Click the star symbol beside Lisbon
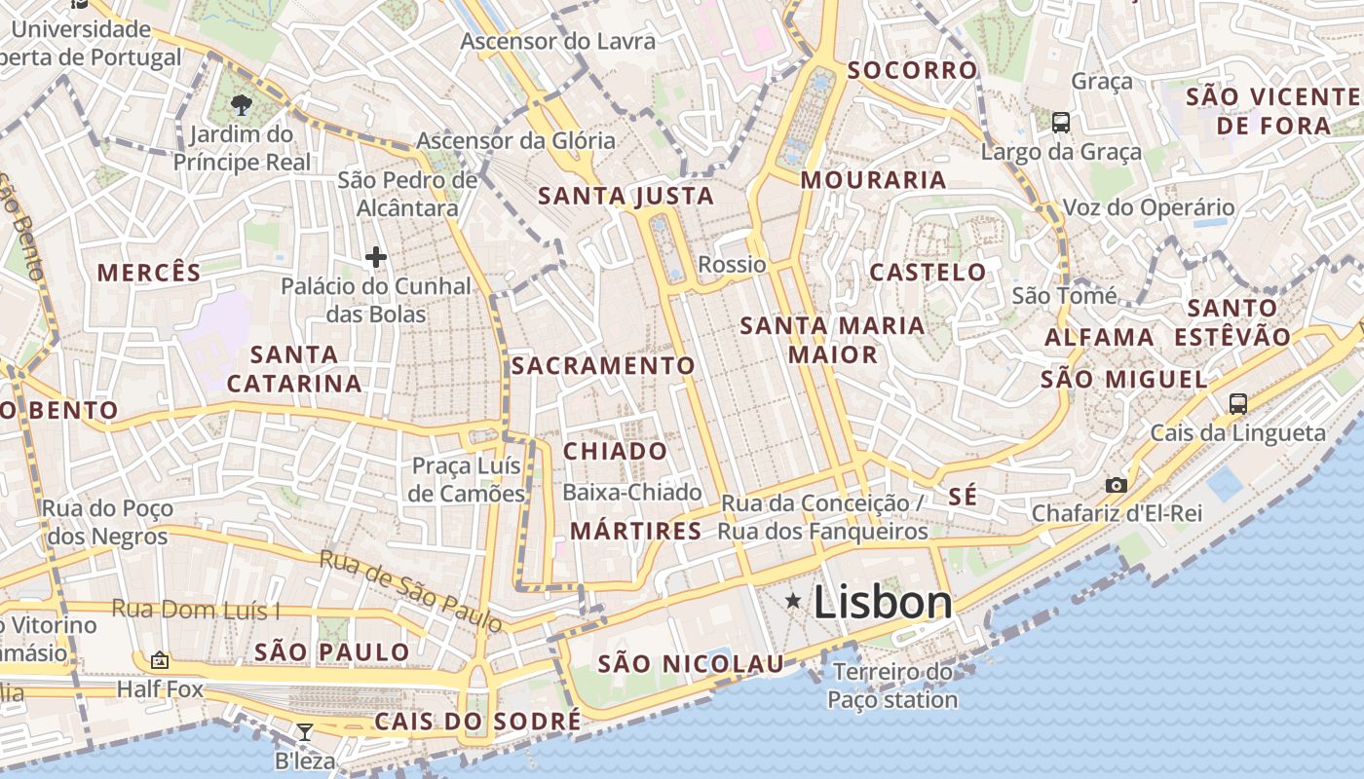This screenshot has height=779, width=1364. pyautogui.click(x=794, y=602)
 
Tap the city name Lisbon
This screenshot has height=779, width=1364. pyautogui.click(x=883, y=602)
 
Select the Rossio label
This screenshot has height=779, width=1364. pyautogui.click(x=733, y=264)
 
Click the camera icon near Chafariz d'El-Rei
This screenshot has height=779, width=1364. pyautogui.click(x=1117, y=485)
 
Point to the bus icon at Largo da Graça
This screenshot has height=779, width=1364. pyautogui.click(x=1061, y=123)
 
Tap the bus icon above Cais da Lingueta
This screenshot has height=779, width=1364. pyautogui.click(x=1238, y=403)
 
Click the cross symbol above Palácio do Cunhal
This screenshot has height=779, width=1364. pyautogui.click(x=376, y=257)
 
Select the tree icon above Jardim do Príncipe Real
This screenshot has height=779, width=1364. pyautogui.click(x=242, y=103)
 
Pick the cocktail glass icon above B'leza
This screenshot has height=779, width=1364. pyautogui.click(x=305, y=732)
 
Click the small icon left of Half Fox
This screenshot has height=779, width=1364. pyautogui.click(x=160, y=660)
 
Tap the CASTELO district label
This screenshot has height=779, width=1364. pyautogui.click(x=928, y=272)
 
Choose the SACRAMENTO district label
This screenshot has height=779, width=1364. pyautogui.click(x=603, y=365)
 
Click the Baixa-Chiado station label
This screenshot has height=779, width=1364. pyautogui.click(x=632, y=493)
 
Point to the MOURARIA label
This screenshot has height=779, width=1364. pyautogui.click(x=873, y=179)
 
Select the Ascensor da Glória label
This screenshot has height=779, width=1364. pyautogui.click(x=516, y=140)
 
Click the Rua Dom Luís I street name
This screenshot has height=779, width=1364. pyautogui.click(x=196, y=610)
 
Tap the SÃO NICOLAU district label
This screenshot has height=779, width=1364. pyautogui.click(x=691, y=664)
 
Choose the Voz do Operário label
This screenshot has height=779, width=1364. pyautogui.click(x=1148, y=207)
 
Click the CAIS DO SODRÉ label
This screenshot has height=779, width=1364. pyautogui.click(x=477, y=722)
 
